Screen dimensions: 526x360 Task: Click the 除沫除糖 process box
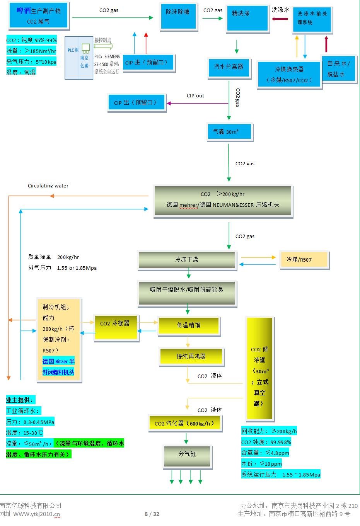pyautogui.click(x=178, y=16)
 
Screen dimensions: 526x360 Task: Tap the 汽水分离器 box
pyautogui.click(x=229, y=69)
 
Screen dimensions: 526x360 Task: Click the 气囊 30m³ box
pyautogui.click(x=229, y=132)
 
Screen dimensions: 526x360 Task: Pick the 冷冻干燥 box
pyautogui.click(x=187, y=259)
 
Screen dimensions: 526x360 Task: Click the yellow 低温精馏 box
pyautogui.click(x=189, y=325)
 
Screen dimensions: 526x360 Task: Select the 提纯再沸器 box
pyautogui.click(x=191, y=356)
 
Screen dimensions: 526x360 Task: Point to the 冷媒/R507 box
pyautogui.click(x=303, y=260)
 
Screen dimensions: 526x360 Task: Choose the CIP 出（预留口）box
pyautogui.click(x=136, y=103)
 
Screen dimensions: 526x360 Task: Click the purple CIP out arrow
pyautogui.click(x=197, y=103)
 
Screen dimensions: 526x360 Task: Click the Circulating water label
pyautogui.click(x=48, y=186)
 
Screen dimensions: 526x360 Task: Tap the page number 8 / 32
pyautogui.click(x=152, y=514)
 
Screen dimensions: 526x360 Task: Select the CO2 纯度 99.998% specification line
pyautogui.click(x=266, y=442)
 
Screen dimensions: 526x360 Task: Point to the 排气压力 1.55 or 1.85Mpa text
pyautogui.click(x=62, y=268)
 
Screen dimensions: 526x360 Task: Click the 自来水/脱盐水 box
pyautogui.click(x=338, y=69)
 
